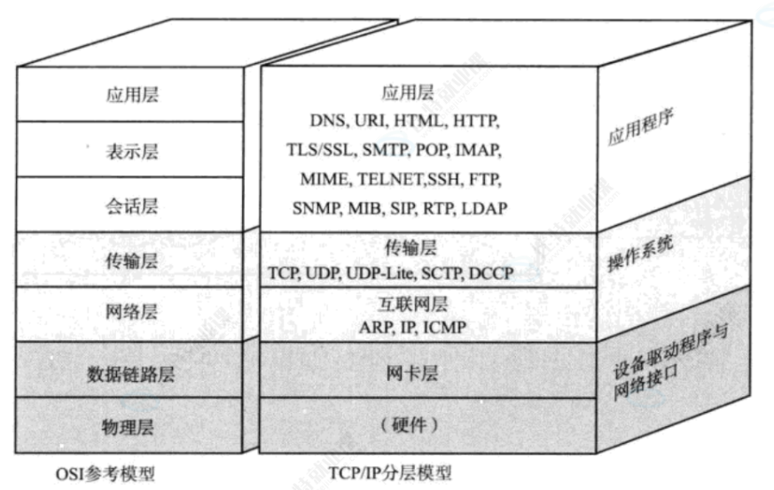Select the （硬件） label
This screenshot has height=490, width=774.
tap(410, 426)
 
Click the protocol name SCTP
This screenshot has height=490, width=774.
tap(437, 273)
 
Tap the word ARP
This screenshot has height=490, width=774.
tap(377, 328)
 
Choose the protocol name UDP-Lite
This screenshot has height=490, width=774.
tap(373, 273)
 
